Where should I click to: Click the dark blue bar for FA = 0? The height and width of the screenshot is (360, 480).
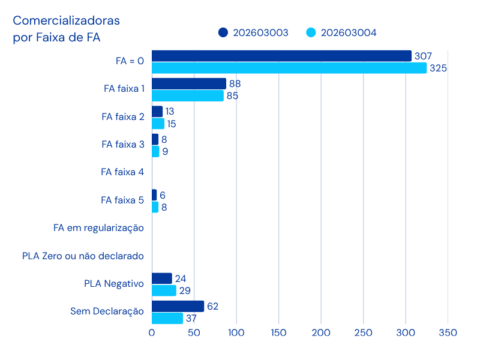click(x=281, y=56)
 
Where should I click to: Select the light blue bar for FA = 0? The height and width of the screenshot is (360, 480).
click(x=289, y=68)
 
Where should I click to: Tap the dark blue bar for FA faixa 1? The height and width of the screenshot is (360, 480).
click(x=189, y=83)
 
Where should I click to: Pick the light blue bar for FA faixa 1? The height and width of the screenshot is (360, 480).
click(x=187, y=95)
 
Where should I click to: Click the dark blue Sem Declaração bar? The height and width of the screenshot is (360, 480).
click(x=178, y=306)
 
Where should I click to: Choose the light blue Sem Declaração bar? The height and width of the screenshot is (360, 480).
click(x=167, y=318)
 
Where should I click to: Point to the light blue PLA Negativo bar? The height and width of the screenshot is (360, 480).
click(x=164, y=290)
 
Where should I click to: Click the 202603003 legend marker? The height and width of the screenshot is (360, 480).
click(x=223, y=32)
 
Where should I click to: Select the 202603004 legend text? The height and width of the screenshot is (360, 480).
click(x=349, y=32)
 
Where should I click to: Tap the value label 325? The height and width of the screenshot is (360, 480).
click(x=438, y=68)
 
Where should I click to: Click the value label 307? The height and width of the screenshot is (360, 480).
click(x=423, y=56)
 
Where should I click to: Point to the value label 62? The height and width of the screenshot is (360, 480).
click(x=212, y=306)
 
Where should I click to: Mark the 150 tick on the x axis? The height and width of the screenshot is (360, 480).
click(x=278, y=332)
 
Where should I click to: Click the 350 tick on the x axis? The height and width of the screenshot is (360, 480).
click(x=448, y=332)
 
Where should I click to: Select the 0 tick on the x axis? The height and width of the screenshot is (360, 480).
click(x=152, y=332)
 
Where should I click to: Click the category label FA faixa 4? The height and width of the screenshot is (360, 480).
click(x=122, y=172)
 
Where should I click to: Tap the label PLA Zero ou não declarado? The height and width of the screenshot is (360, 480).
click(x=83, y=256)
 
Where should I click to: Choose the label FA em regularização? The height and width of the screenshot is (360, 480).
click(x=98, y=228)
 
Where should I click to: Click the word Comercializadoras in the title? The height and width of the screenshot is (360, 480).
click(x=67, y=20)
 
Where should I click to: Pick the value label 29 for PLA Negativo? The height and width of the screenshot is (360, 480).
click(x=184, y=290)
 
